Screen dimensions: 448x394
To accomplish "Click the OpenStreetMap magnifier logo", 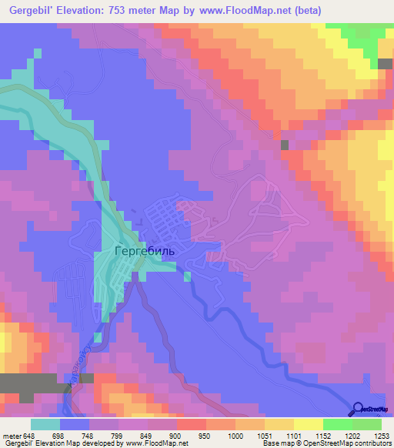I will pyautogui.click(x=358, y=410).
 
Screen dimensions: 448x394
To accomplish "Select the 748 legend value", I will pyautogui.click(x=89, y=435).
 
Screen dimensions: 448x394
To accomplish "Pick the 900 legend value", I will pyautogui.click(x=176, y=435).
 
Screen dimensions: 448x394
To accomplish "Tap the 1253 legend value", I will pyautogui.click(x=381, y=435).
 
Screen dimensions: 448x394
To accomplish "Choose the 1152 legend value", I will pyautogui.click(x=322, y=435).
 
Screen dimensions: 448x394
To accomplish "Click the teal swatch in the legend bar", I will pyautogui.click(x=45, y=424).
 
